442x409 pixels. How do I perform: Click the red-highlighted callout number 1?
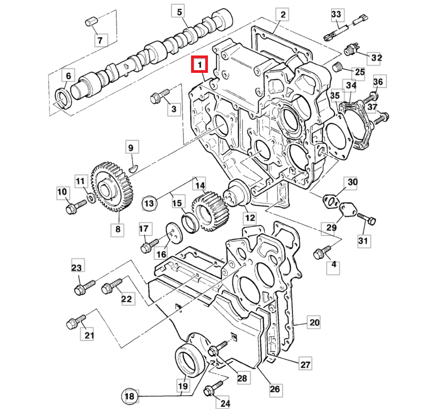(200, 65)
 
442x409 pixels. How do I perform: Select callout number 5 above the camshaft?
(180, 11)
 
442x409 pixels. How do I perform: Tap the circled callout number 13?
(149, 203)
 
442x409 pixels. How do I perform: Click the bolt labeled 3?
(157, 97)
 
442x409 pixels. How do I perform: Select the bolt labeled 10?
(75, 207)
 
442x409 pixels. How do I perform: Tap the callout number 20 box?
(314, 322)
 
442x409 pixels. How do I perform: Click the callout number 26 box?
(274, 389)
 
